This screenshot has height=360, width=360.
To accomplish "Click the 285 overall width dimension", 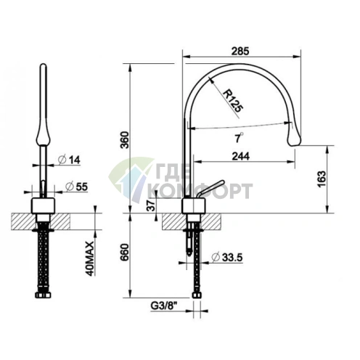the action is tap(240, 52).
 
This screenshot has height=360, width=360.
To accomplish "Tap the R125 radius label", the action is tap(232, 101).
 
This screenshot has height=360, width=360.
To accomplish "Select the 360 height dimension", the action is tap(125, 140).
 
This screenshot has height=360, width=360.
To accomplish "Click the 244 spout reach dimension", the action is tap(241, 156).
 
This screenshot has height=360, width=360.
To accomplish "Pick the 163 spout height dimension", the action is tap(322, 179).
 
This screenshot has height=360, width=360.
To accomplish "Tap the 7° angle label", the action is tap(239, 138).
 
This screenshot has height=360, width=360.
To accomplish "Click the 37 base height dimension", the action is tap(151, 205).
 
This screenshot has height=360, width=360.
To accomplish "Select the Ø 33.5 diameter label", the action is tap(226, 257).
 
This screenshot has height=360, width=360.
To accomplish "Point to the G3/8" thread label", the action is tap(164, 306).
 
